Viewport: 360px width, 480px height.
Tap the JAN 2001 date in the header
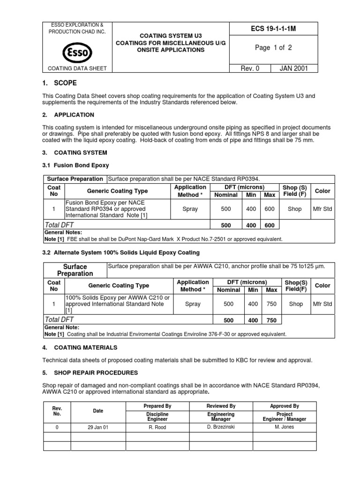pos(294,68)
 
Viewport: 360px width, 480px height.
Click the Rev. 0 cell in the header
pos(250,68)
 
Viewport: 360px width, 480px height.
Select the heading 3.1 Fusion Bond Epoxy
pos(76,165)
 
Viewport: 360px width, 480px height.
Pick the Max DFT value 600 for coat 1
pos(270,209)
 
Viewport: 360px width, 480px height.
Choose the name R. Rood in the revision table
pos(157,427)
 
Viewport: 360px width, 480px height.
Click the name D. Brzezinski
pos(221,427)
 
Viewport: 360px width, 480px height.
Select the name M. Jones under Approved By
pos(285,427)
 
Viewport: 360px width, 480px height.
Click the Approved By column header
pos(285,406)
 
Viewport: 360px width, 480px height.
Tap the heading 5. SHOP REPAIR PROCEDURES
pos(90,373)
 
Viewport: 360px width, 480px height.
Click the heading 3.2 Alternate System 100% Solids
pos(121,253)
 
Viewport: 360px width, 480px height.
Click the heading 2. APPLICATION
pos(68,114)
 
